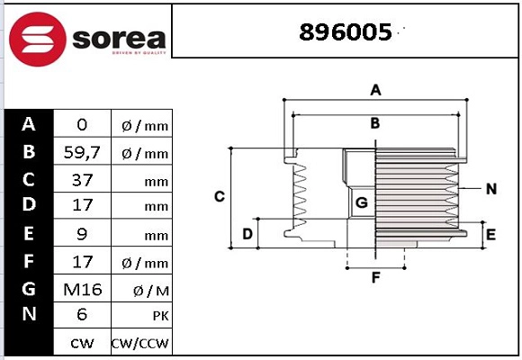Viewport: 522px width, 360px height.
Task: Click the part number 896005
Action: (x=345, y=32)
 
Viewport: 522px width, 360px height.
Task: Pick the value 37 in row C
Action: (x=82, y=180)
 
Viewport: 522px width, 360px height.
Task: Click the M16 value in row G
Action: (x=82, y=289)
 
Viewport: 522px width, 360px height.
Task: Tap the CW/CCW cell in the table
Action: (x=140, y=344)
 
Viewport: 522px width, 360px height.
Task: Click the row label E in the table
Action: (x=29, y=234)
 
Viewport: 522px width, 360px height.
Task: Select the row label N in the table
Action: (x=29, y=315)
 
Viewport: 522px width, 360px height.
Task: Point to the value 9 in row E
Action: (x=82, y=235)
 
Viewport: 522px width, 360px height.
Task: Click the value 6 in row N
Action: (x=82, y=316)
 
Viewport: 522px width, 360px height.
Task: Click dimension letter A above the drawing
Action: (x=376, y=89)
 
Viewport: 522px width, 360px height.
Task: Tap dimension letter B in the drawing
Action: (x=375, y=123)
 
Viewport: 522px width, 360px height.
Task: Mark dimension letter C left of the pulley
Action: (x=219, y=196)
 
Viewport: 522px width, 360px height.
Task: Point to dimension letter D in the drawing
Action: (x=247, y=235)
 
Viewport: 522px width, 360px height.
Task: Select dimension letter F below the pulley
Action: (x=376, y=277)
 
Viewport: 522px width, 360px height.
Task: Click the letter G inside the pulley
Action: (x=360, y=203)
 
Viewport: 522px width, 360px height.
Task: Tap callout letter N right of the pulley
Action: (x=491, y=189)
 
